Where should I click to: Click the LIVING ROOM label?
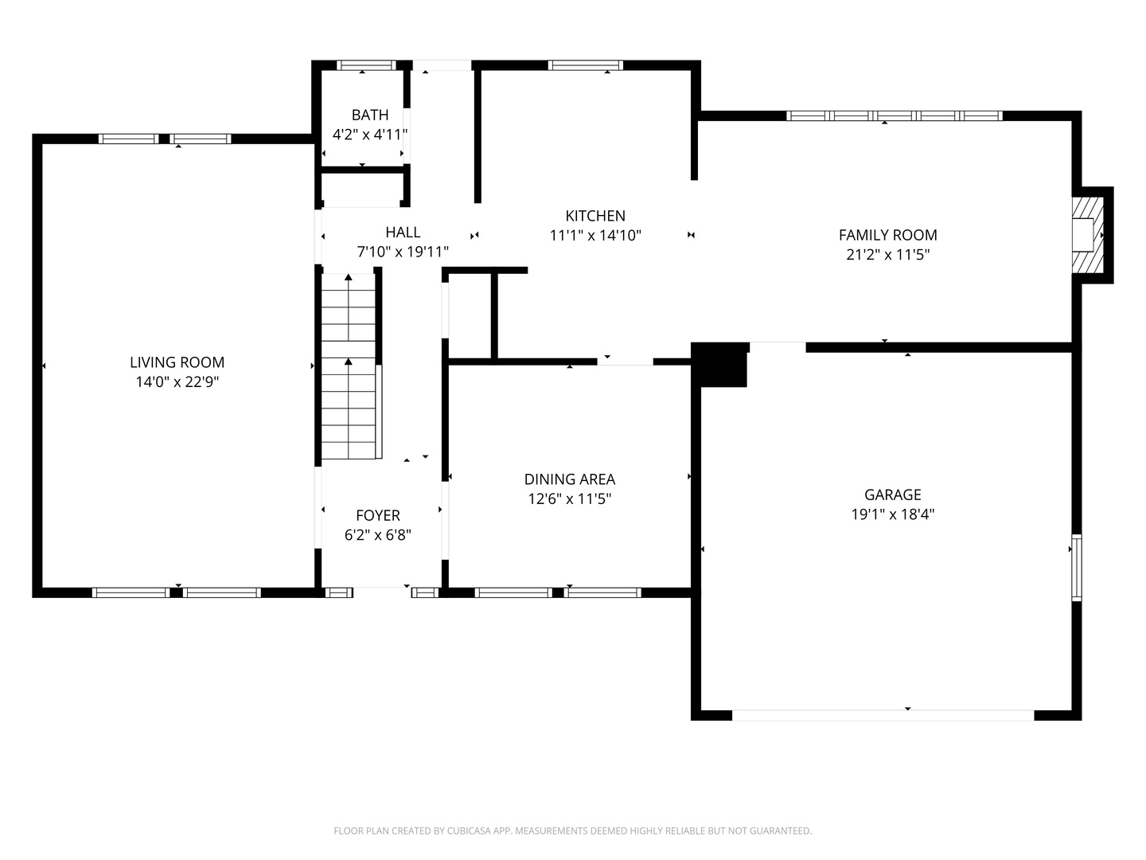click(177, 362)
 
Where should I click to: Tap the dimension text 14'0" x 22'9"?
click(177, 382)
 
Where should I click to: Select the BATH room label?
click(370, 115)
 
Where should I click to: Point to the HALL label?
click(403, 233)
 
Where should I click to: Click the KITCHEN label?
click(595, 216)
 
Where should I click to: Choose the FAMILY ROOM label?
click(887, 235)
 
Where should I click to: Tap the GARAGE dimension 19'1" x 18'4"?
click(892, 514)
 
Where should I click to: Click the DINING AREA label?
click(569, 479)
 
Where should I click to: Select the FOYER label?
click(378, 516)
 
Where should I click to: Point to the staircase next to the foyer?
click(349, 366)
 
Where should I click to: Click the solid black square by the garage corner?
click(720, 365)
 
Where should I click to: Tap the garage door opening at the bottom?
click(883, 715)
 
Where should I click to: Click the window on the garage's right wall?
click(1076, 567)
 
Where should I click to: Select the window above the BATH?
click(365, 65)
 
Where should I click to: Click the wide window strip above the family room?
click(894, 115)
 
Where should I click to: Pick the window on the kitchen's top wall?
click(585, 65)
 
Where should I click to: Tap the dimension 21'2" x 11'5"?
click(887, 255)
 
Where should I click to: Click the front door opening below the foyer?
click(382, 592)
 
